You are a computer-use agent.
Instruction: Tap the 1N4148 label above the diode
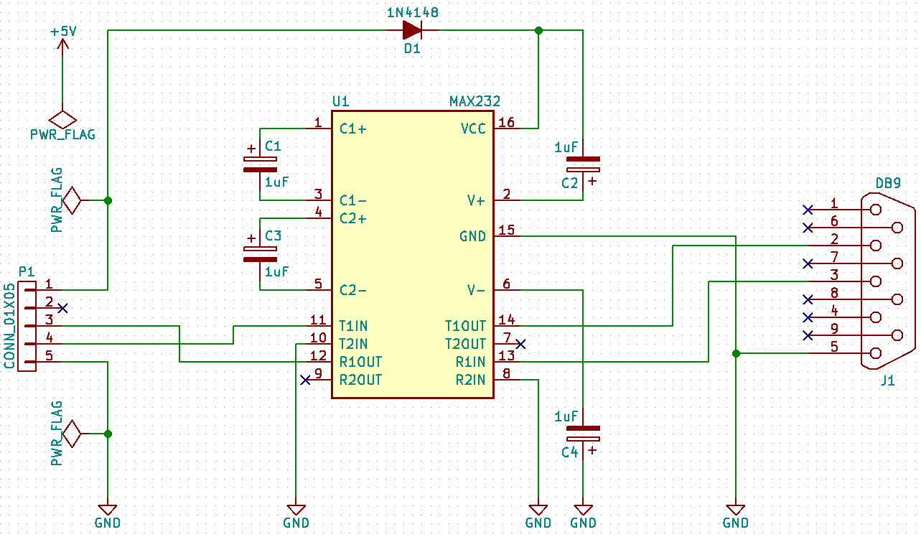coord(411,12)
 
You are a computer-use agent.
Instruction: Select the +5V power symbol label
coord(62,32)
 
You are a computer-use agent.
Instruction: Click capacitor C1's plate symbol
coord(259,164)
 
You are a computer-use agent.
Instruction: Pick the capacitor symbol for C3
coord(259,253)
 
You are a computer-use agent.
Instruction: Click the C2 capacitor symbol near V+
coord(583,164)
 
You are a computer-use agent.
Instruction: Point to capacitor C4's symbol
coord(583,433)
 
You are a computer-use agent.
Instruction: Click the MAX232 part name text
coord(474,101)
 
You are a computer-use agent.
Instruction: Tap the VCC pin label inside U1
coord(473,129)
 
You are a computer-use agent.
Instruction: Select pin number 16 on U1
coord(507,123)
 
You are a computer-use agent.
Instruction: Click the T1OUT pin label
coord(465,326)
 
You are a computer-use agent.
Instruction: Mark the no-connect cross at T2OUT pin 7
coord(521,344)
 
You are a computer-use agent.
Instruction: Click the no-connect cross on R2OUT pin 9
coord(305,380)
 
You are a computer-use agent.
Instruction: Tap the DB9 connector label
coord(888,184)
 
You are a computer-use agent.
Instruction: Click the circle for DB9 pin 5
coord(875,353)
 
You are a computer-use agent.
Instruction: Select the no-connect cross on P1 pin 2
coord(63,308)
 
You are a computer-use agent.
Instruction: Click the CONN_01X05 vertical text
coord(9,327)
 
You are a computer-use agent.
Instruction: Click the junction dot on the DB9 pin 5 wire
coord(736,353)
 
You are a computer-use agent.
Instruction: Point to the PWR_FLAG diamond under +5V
coord(62,118)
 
